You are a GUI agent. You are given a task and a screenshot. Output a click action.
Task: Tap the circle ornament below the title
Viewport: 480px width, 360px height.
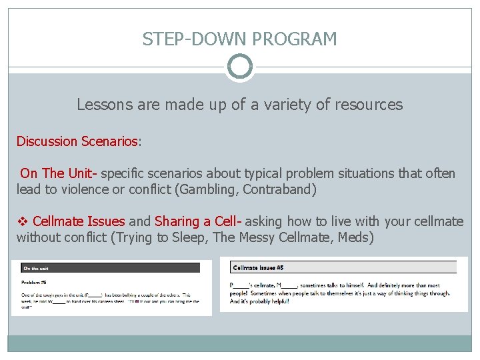240,67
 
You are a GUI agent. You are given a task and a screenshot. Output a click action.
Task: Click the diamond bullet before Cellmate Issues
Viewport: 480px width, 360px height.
22,221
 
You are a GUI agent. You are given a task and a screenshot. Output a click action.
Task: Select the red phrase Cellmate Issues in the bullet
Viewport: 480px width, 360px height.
79,221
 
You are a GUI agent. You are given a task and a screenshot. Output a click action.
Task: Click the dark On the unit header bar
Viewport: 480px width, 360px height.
110,268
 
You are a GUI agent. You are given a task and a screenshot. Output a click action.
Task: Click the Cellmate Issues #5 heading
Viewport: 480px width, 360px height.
259,267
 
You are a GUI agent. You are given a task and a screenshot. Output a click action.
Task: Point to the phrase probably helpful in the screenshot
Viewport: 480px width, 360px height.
271,301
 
